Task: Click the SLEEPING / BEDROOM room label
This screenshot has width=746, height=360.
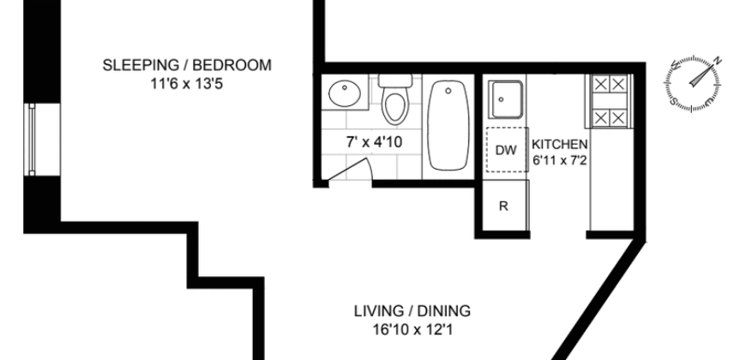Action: (x=187, y=65)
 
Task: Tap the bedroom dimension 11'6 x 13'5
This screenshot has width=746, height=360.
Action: (x=187, y=84)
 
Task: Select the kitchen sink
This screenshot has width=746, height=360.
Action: (x=505, y=100)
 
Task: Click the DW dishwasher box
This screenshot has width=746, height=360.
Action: (x=506, y=151)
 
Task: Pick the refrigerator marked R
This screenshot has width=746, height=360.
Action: (x=504, y=206)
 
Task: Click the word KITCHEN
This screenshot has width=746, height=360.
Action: (x=559, y=144)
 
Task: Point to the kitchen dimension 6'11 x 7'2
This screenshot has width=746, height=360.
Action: (x=559, y=159)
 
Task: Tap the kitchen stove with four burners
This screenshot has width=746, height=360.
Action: (x=610, y=100)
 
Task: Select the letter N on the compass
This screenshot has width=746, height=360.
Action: (x=717, y=61)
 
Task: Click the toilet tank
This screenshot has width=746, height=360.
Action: (x=395, y=82)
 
